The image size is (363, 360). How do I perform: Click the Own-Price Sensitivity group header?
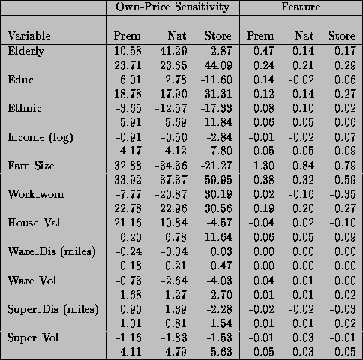172,7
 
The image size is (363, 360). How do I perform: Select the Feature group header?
301,7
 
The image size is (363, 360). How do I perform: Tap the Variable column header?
29,36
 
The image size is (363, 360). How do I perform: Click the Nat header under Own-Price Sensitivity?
177,36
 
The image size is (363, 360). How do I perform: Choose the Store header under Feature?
342,36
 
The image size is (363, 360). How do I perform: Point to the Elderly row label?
26,51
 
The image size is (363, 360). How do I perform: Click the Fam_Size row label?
31,166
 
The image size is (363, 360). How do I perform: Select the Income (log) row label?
40,137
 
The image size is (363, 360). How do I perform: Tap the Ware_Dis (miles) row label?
52,251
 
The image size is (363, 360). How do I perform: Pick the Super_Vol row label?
33,337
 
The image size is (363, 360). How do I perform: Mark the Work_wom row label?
35,194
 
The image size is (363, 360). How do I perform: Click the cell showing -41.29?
171,51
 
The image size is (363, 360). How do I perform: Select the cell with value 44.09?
218,65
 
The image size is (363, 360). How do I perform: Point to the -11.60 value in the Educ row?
217,79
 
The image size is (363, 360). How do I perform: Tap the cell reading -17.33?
217,108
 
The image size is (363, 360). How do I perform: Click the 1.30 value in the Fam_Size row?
264,166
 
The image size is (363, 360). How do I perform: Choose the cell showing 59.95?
218,180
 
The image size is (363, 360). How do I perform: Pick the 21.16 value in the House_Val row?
127,223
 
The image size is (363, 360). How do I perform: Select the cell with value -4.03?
219,280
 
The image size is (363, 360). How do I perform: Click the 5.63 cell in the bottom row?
221,352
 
